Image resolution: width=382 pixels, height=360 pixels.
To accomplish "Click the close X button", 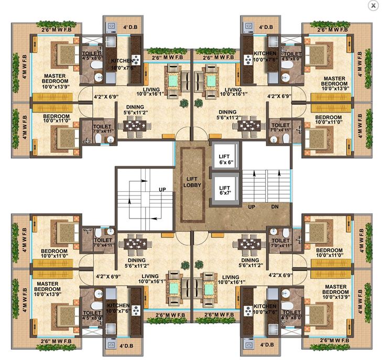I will pyautogui.click(x=373, y=5).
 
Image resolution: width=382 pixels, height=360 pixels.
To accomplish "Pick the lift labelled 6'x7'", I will pyautogui.click(x=224, y=190).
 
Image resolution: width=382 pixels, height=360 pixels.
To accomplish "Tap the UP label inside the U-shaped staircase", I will pyautogui.click(x=162, y=191).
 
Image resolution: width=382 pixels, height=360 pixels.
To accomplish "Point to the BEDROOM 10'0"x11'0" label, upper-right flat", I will pyautogui.click(x=328, y=120).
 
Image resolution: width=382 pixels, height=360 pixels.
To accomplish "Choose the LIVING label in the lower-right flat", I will pyautogui.click(x=231, y=277).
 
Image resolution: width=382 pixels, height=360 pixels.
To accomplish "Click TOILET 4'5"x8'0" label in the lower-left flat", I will pyautogui.click(x=92, y=315).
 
